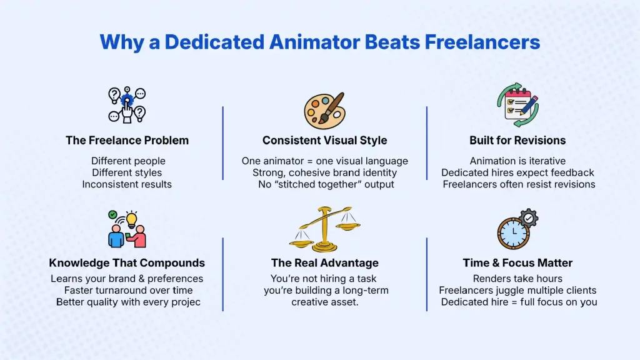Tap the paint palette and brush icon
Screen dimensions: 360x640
324,111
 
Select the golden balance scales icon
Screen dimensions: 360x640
324,229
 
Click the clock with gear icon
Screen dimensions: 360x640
517,229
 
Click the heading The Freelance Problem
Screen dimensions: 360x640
127,140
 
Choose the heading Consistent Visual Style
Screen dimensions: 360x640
324,140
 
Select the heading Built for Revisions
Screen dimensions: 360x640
517,140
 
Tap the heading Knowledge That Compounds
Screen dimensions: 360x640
127,262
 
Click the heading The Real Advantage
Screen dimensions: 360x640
324,262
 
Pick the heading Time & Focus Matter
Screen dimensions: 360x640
517,262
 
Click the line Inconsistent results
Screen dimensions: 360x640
127,184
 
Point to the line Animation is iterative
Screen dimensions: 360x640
517,161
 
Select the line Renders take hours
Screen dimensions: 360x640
517,279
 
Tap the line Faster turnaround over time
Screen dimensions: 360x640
128,291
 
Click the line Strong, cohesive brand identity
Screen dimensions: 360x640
324,172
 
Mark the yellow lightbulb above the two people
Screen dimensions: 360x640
131,219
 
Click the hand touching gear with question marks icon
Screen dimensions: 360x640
127,104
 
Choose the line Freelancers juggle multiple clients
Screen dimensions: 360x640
517,291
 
